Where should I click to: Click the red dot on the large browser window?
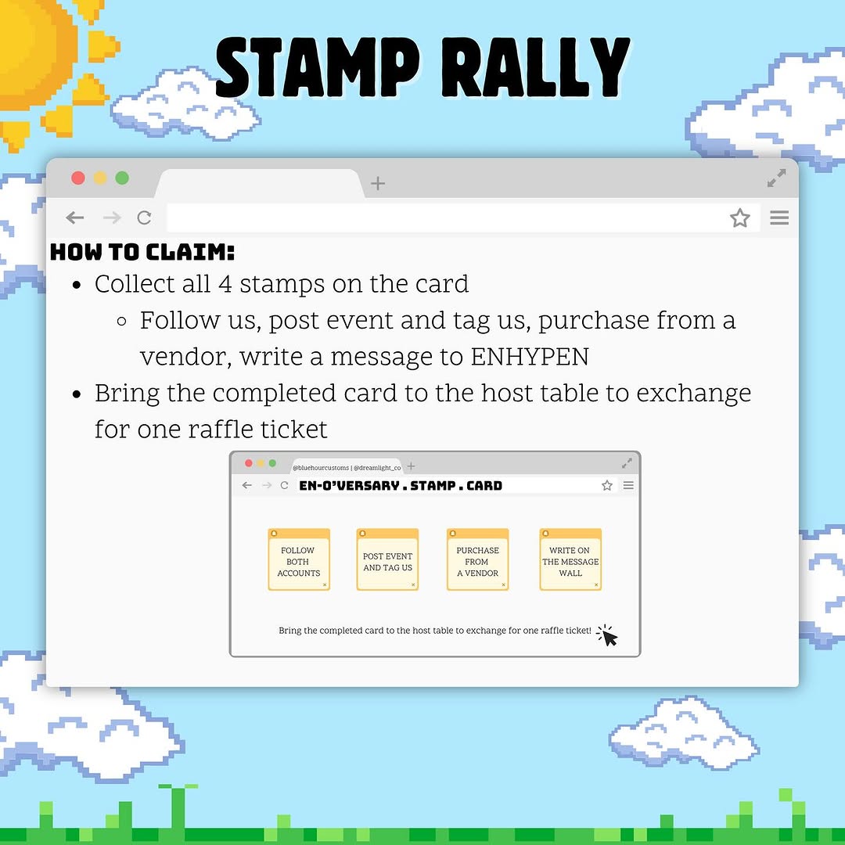point(78,178)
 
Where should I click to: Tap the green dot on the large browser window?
point(122,178)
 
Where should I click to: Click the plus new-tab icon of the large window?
point(378,184)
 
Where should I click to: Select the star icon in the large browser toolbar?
point(740,218)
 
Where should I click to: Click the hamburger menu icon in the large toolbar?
point(779,218)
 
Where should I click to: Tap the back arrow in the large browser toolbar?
point(75,218)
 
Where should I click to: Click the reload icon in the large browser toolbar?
point(144,218)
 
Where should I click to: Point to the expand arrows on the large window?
point(777,178)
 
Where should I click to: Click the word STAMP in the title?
point(318,68)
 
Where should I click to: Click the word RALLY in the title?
point(536,68)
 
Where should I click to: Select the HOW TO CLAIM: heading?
point(142,252)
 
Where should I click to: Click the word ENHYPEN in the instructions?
point(530,357)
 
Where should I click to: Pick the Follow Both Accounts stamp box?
point(299,559)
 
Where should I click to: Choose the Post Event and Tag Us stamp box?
point(387,559)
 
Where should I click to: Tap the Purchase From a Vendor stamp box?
point(478,559)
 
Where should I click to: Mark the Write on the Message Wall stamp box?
point(570,559)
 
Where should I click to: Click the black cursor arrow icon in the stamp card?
point(609,638)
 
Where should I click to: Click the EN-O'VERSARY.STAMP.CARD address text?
point(401,486)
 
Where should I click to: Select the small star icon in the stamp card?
point(607,486)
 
